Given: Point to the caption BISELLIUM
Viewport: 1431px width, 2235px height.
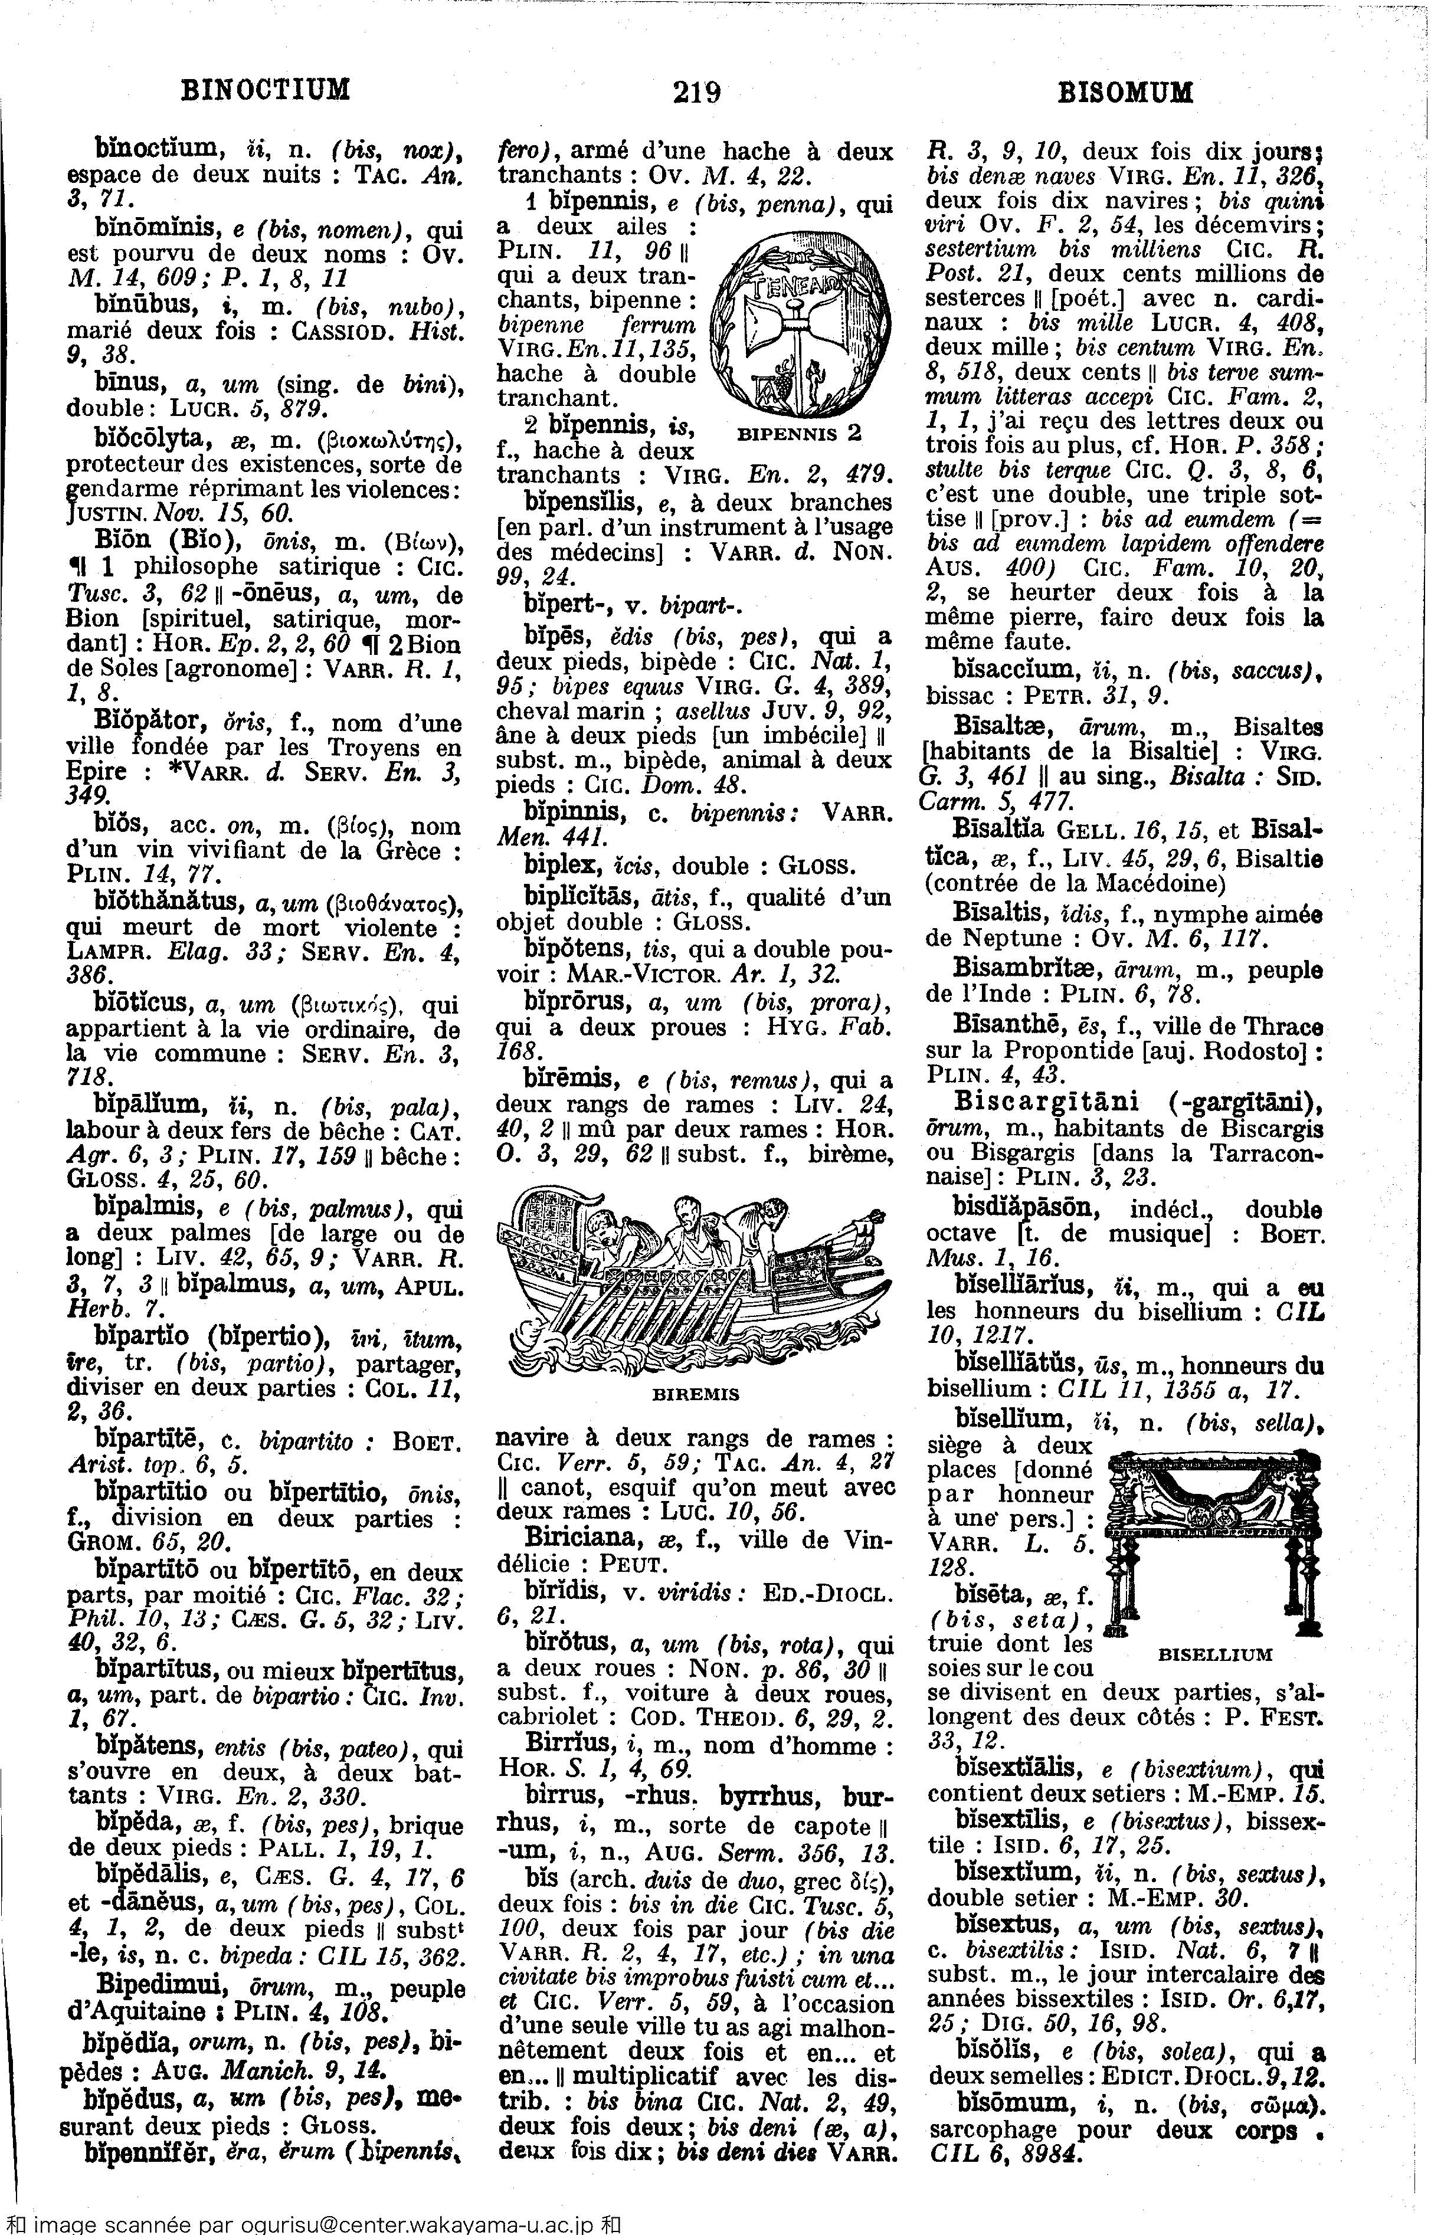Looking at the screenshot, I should [x=1216, y=1654].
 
